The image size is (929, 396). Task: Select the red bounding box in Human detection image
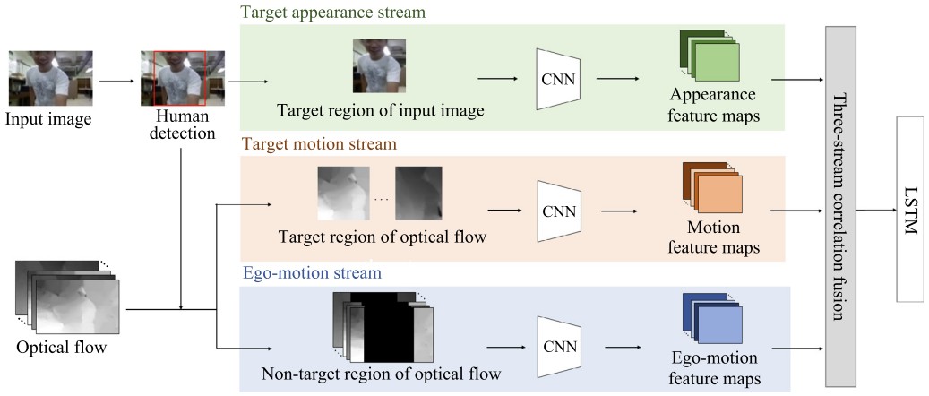(x=180, y=78)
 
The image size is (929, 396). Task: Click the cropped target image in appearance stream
(x=379, y=65)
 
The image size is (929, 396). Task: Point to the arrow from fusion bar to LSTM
(x=877, y=211)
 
